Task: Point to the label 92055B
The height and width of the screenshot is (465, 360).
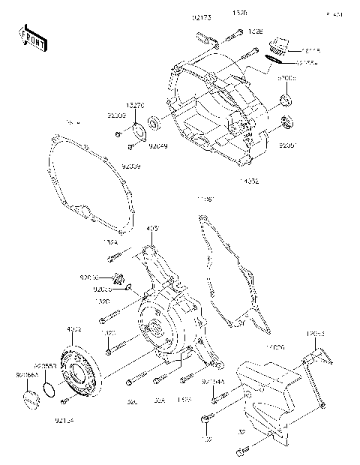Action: [54, 366]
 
